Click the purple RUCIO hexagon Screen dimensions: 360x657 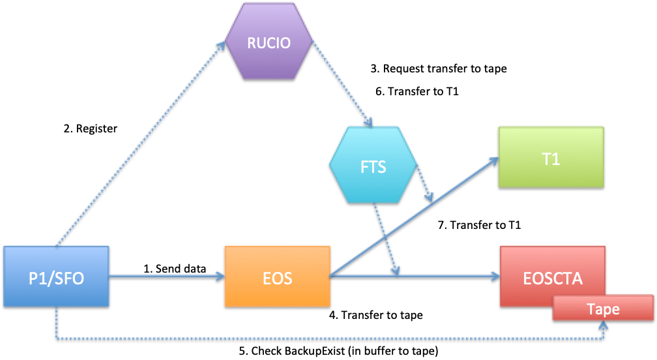pos(268,44)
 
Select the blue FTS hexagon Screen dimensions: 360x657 pos(373,166)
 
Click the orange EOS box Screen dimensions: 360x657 pos(277,277)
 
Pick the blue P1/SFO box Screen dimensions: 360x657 pos(56,277)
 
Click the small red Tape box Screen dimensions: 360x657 pos(603,308)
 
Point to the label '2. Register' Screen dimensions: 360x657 pos(90,128)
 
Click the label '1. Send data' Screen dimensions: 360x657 pos(175,268)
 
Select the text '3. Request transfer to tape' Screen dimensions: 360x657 pos(438,68)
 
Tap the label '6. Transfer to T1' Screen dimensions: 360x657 pos(417,92)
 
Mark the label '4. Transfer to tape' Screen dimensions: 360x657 pos(375,315)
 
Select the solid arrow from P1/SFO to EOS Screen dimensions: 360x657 pos(166,277)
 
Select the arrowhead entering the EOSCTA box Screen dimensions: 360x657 pos(493,277)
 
